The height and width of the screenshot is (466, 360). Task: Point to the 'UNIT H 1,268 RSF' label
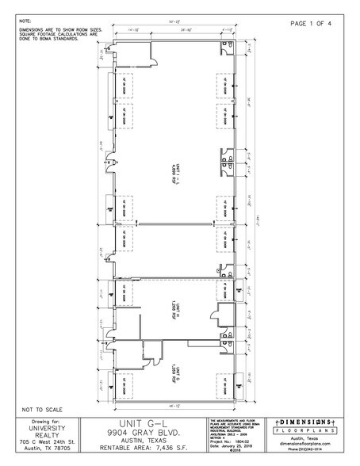[x=176, y=304]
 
